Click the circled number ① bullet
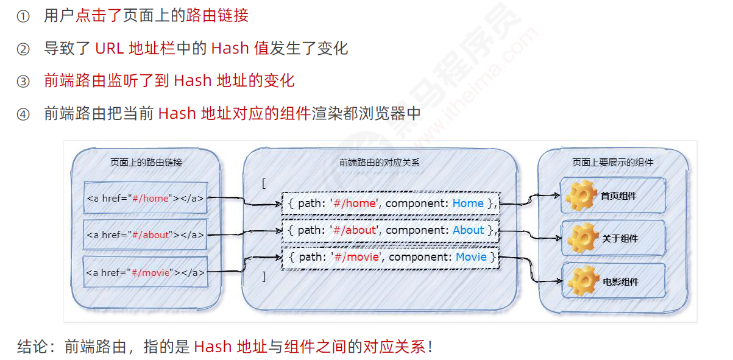point(23,16)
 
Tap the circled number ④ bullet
point(23,114)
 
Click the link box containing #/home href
point(145,198)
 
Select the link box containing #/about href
point(145,235)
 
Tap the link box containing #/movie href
point(145,272)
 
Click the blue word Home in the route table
point(468,203)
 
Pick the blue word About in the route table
point(469,230)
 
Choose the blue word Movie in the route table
point(471,257)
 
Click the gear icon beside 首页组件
point(580,196)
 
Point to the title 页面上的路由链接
point(146,163)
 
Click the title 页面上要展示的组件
point(612,163)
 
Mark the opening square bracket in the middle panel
point(263,183)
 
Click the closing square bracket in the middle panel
point(263,277)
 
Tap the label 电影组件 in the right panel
point(620,282)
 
